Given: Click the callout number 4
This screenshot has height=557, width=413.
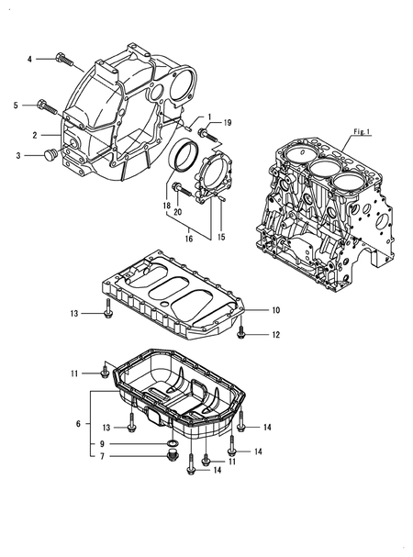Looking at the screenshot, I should (x=28, y=59).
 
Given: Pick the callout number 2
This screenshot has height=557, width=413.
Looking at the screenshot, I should (x=34, y=134).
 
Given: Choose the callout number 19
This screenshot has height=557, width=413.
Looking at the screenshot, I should (x=228, y=122).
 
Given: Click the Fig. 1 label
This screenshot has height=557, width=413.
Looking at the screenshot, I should (x=361, y=132).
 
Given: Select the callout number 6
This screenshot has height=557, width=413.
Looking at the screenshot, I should (x=77, y=424).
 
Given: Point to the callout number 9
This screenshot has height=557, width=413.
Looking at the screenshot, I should (x=102, y=443).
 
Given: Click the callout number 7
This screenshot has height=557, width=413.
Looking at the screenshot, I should (x=102, y=456).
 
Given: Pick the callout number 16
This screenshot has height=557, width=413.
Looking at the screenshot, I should (x=188, y=237).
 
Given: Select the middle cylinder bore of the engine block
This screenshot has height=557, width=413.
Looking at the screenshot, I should (x=324, y=171).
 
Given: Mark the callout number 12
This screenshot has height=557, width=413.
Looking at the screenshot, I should (x=274, y=335).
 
